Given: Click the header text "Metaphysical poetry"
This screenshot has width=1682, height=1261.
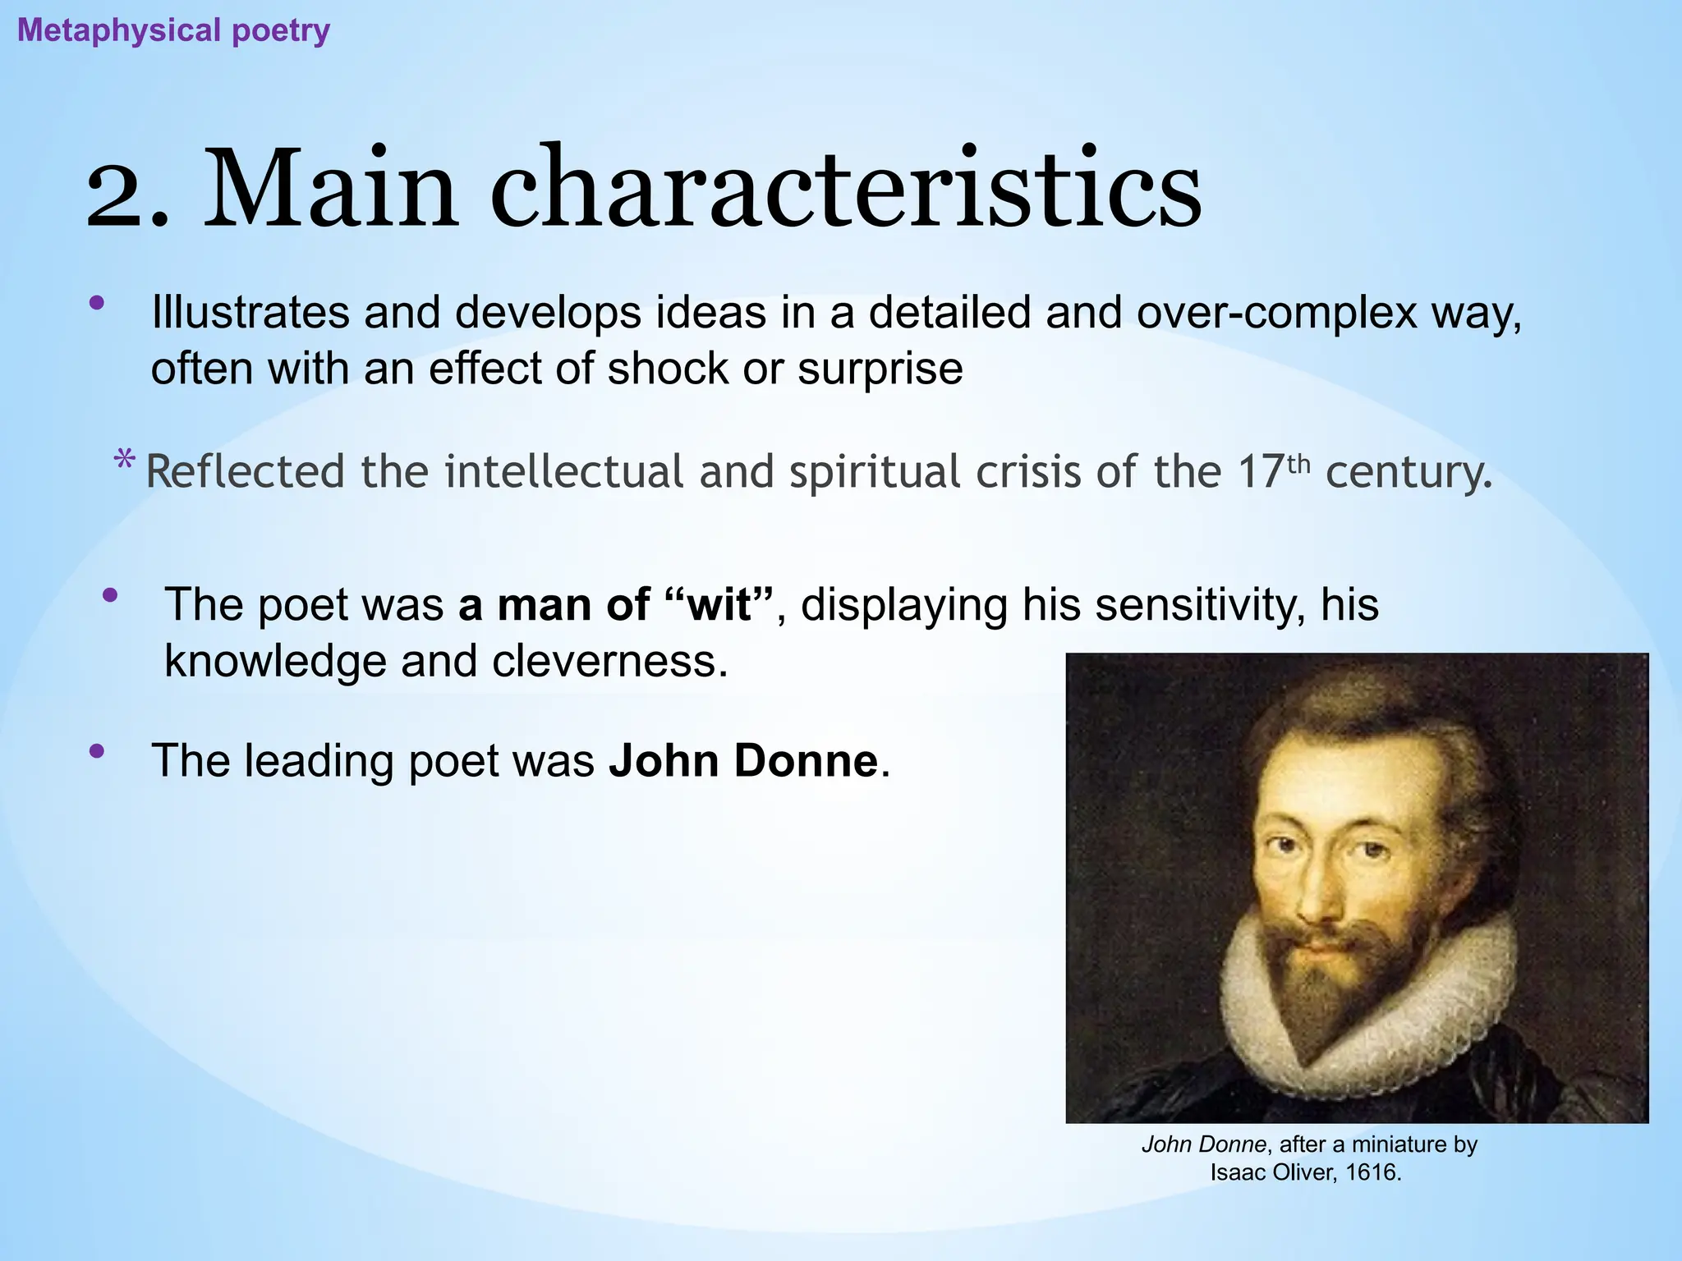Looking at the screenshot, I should (173, 31).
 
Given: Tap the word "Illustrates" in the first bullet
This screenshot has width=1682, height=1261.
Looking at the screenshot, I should (250, 313).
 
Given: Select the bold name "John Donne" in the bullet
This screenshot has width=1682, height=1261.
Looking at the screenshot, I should (743, 761).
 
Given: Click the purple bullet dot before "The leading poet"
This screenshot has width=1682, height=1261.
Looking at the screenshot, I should (97, 750).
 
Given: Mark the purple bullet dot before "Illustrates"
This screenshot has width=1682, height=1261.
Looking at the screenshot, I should (97, 303).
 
